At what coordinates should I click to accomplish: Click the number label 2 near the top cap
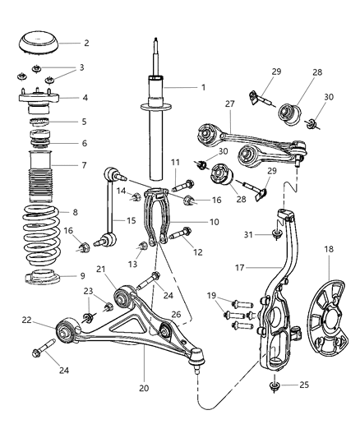point(85,43)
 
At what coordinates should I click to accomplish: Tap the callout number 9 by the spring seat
point(85,276)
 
